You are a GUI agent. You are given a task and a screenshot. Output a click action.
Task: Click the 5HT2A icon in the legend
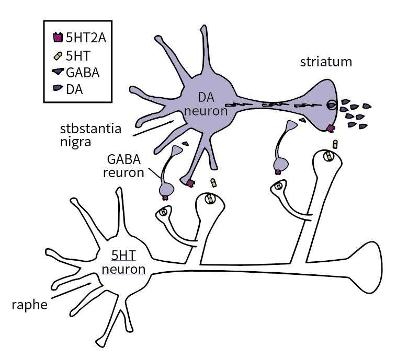58,38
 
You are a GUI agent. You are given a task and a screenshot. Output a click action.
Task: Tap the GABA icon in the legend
58,72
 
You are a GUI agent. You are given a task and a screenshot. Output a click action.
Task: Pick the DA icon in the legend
58,88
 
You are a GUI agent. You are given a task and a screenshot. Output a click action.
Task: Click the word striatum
326,62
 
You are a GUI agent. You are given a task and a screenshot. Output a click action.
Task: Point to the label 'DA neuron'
206,103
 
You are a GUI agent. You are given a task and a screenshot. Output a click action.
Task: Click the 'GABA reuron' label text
125,165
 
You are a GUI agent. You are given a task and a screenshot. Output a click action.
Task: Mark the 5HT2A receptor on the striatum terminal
331,128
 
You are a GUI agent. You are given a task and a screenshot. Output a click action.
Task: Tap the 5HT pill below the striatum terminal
335,144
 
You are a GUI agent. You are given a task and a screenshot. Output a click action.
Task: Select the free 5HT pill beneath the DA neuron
213,182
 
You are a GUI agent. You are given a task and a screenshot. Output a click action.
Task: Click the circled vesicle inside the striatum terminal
332,105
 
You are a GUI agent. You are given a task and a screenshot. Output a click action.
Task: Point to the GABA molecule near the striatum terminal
302,121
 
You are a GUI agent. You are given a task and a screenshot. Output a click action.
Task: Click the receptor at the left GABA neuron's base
166,197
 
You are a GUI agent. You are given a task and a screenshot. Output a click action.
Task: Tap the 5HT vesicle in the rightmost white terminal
328,156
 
